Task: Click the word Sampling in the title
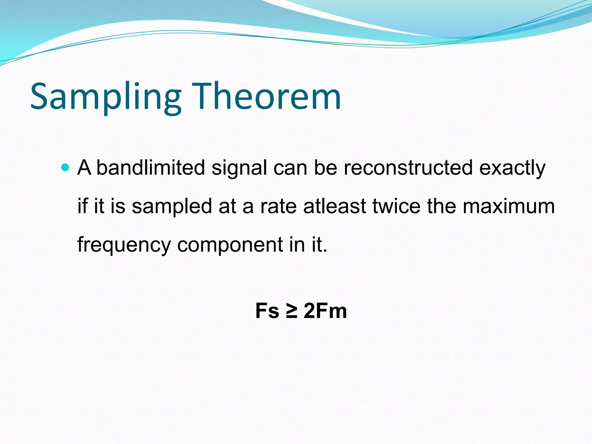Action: click(x=106, y=97)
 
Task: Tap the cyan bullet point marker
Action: click(x=66, y=167)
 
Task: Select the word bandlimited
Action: click(x=150, y=168)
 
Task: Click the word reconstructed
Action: click(x=408, y=168)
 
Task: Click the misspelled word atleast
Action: click(x=335, y=206)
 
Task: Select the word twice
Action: click(x=396, y=206)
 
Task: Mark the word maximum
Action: click(x=509, y=206)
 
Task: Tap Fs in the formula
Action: click(x=267, y=311)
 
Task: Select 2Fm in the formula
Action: click(x=325, y=311)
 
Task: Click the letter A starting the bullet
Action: click(x=84, y=168)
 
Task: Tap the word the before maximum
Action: click(x=441, y=206)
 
